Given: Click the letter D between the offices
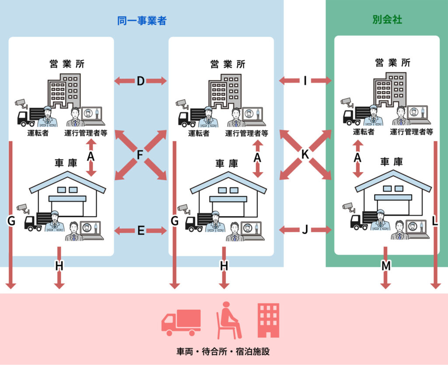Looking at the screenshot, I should click(140, 81).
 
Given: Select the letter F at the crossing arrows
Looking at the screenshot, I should click(140, 155).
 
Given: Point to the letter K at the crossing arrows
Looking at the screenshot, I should click(305, 155).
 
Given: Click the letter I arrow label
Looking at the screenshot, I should click(305, 81).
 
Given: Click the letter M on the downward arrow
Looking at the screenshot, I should click(385, 266).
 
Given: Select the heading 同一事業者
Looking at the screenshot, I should click(142, 21).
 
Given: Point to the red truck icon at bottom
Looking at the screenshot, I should click(181, 322).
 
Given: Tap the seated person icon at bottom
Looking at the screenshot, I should click(228, 320).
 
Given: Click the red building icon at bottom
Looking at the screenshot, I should click(268, 320).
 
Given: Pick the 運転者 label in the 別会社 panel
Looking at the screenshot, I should click(364, 131).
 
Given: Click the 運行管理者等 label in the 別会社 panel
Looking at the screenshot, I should click(411, 131).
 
